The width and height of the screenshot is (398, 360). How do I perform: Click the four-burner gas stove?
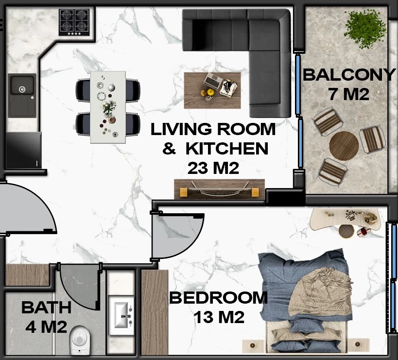tap(74, 22)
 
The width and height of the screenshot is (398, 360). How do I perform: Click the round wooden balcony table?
tap(344, 146)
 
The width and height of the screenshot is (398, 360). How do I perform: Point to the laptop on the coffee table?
tap(213, 81)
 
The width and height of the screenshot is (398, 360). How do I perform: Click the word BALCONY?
tap(349, 75)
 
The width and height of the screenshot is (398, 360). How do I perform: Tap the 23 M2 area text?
tap(213, 168)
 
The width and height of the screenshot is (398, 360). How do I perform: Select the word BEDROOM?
tap(218, 298)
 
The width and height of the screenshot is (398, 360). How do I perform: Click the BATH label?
tap(47, 308)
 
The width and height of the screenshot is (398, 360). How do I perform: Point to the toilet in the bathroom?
tap(80, 340)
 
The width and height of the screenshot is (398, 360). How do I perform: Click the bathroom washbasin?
tap(121, 315)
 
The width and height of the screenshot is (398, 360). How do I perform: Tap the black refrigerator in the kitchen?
tap(23, 150)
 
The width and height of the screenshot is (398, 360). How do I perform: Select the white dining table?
tap(108, 107)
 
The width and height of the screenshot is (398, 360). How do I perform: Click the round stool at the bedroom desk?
tap(346, 231)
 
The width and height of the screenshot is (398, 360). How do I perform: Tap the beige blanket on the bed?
tap(320, 293)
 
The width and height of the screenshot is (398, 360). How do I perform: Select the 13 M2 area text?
tap(219, 317)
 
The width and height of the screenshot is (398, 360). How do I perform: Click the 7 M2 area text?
tap(349, 94)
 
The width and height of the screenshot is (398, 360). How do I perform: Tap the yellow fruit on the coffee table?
tap(210, 92)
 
